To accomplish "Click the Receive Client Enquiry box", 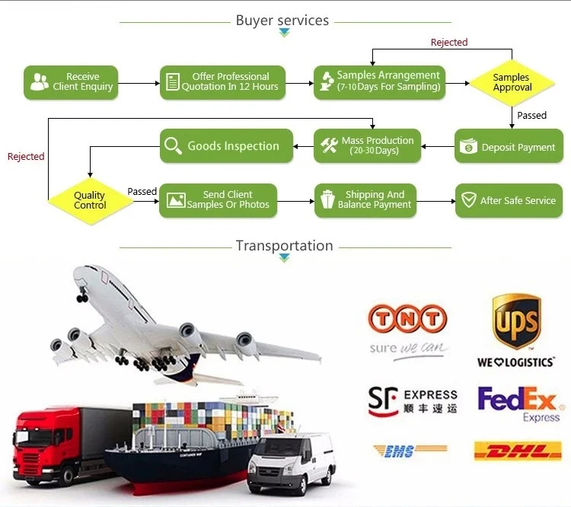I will point(72,82).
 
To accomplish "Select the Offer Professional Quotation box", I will point(223,82).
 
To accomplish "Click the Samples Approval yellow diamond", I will point(512,83).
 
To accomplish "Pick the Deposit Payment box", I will point(509,146).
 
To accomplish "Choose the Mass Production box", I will point(367,145).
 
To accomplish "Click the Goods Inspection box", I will point(226,145).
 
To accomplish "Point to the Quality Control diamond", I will point(90,201).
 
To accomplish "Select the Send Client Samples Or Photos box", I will point(218,200).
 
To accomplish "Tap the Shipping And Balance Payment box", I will point(365,200).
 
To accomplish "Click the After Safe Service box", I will point(509,201).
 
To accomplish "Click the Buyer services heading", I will point(282,21).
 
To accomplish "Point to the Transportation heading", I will point(284,246).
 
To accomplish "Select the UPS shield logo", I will point(515,323).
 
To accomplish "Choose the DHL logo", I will point(518,451).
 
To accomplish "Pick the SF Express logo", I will point(412,400).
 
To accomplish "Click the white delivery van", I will point(291,461).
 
